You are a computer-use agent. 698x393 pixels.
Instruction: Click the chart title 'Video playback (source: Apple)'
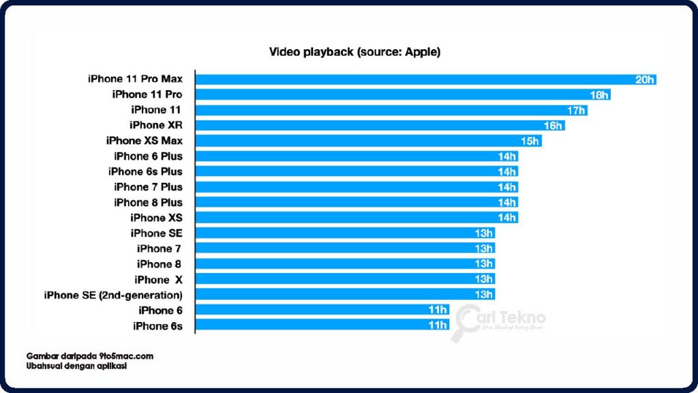point(354,52)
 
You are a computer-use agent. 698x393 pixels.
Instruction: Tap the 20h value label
point(644,79)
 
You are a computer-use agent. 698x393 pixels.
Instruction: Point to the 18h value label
point(599,95)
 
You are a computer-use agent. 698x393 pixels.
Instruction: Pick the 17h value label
point(576,110)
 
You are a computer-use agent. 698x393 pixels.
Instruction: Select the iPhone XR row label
point(156,125)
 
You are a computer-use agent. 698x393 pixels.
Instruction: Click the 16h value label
point(553,126)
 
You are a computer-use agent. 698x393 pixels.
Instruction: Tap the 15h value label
point(530,141)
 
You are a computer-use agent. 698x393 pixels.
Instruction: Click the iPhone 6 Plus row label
point(148,156)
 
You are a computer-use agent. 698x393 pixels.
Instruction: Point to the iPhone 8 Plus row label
point(148,202)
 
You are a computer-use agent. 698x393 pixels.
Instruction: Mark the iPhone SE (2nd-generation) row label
point(113,295)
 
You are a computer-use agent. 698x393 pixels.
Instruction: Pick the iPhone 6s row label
point(157,326)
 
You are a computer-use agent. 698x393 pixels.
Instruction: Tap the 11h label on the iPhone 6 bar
point(437,310)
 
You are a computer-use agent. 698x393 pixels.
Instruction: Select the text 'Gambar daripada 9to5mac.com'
point(90,356)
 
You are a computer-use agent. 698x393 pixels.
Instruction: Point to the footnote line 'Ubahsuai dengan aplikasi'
point(77,366)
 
